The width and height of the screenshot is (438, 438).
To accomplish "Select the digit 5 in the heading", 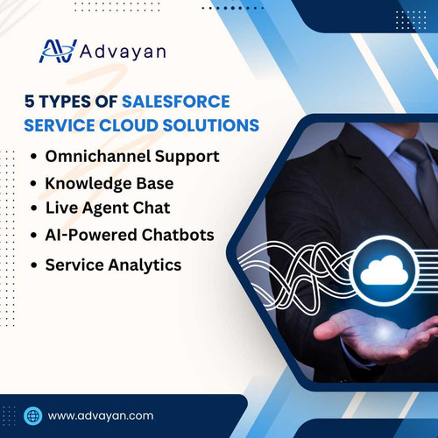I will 29,101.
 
